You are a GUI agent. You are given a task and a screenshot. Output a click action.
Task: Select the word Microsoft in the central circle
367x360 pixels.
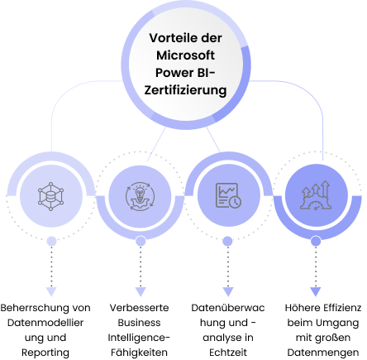(185, 55)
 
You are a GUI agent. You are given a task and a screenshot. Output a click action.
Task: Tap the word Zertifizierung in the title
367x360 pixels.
(185, 90)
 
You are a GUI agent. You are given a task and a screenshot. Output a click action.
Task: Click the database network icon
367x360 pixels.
(50, 196)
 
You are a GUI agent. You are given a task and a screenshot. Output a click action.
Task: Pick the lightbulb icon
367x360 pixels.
(140, 196)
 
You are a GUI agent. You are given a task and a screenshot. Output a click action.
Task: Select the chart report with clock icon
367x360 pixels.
(228, 195)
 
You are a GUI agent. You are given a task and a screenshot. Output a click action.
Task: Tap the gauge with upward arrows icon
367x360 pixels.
(316, 195)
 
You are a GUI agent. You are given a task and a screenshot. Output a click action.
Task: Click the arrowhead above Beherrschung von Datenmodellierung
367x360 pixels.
(51, 291)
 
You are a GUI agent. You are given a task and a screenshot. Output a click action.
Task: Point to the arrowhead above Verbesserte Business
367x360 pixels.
(141, 291)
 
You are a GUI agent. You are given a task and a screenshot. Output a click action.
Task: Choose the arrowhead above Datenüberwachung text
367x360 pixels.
(228, 291)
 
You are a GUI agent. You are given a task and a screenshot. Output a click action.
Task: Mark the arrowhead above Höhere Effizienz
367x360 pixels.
(316, 291)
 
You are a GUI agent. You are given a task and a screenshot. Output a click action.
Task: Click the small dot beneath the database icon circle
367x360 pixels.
(51, 241)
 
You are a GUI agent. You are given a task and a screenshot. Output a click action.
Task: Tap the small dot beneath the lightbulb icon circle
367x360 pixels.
(141, 241)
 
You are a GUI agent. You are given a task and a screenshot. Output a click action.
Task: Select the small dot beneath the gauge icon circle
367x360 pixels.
(316, 241)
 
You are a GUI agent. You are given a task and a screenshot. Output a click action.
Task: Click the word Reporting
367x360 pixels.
(45, 353)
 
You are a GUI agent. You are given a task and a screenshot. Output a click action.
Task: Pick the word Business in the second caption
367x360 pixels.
(139, 323)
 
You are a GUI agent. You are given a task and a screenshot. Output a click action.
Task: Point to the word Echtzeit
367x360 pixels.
(228, 353)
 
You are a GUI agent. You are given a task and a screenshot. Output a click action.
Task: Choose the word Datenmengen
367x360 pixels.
(323, 353)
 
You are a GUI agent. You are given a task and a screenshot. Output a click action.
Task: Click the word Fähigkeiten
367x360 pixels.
(139, 353)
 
